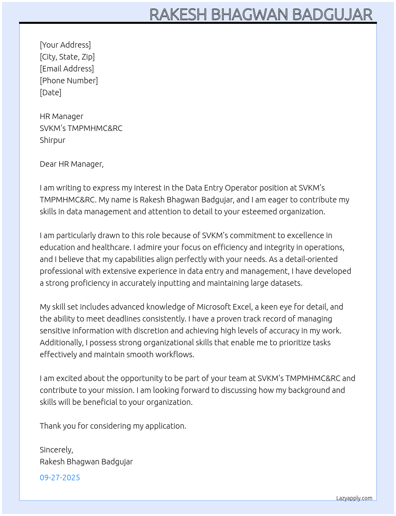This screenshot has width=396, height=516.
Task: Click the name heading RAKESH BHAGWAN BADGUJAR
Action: click(261, 15)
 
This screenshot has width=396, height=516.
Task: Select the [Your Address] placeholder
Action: click(65, 45)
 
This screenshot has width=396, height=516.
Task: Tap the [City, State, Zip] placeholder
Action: click(67, 57)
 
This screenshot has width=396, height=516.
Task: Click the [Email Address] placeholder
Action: click(67, 69)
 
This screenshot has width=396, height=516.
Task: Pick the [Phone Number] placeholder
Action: click(69, 81)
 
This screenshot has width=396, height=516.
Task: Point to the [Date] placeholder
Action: click(50, 92)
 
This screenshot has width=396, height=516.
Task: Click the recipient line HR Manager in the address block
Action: click(62, 116)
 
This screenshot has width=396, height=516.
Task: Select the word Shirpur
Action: click(52, 140)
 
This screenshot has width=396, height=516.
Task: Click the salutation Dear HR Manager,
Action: click(72, 164)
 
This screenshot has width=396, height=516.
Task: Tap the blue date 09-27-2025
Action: click(60, 477)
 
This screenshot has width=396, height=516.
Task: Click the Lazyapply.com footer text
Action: click(354, 498)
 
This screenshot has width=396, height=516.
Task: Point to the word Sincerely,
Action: click(56, 450)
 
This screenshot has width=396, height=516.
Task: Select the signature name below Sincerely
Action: click(86, 462)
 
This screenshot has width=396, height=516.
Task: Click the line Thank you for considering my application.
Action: click(113, 426)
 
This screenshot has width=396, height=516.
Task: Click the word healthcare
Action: click(111, 247)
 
